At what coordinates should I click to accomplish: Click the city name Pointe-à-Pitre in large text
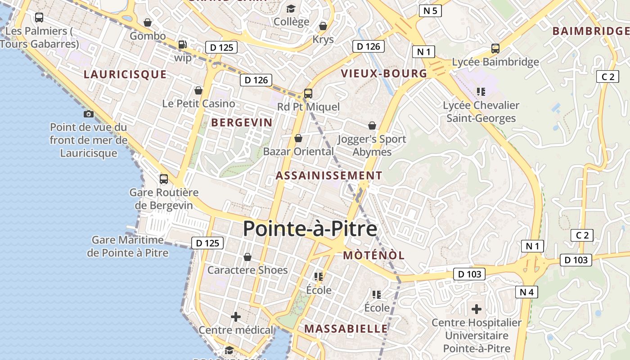[x=310, y=229]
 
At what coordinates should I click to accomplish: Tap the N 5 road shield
[x=430, y=11]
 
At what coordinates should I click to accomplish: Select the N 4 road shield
[x=526, y=292]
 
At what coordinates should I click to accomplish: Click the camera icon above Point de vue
[x=89, y=114]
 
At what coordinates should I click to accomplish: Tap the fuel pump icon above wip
[x=182, y=45]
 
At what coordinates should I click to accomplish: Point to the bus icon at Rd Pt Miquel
[x=308, y=94]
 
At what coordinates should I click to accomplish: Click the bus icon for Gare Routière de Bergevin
[x=164, y=179]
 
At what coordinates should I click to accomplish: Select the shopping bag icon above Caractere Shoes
[x=247, y=257]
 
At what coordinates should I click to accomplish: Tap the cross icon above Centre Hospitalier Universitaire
[x=476, y=309]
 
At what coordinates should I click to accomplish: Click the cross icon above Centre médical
[x=235, y=317]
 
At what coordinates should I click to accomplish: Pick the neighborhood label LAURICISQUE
[x=125, y=74]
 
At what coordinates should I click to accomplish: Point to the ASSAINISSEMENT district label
[x=329, y=175]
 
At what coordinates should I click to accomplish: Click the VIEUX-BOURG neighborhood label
[x=384, y=73]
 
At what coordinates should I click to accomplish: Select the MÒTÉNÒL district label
[x=374, y=256]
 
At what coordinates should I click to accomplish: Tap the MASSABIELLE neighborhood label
[x=346, y=328]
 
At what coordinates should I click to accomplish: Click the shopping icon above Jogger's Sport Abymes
[x=372, y=126]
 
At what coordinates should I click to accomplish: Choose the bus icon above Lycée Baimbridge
[x=495, y=49]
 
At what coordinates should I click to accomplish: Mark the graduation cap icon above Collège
[x=291, y=9]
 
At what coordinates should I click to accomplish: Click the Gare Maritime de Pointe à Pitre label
[x=128, y=246]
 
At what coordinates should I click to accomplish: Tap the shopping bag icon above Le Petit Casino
[x=198, y=91]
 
